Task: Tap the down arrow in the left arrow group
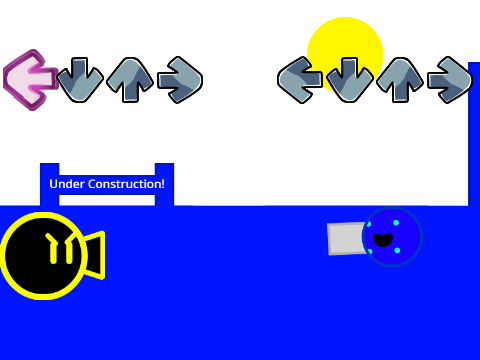point(80,80)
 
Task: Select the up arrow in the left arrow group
point(130,80)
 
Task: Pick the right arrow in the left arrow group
point(180,80)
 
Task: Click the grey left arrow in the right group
point(299,80)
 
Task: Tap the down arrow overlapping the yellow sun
point(349,80)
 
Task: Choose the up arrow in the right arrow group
point(400,80)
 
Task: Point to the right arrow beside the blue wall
point(450,80)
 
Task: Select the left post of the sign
point(50,184)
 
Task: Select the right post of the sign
point(164,184)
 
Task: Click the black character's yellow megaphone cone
point(95,255)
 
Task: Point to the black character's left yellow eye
point(52,249)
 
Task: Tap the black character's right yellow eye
point(70,249)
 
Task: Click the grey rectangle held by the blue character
point(347,239)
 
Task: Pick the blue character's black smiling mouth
point(383,240)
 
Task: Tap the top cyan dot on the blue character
point(396,223)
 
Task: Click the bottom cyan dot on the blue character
point(397,250)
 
